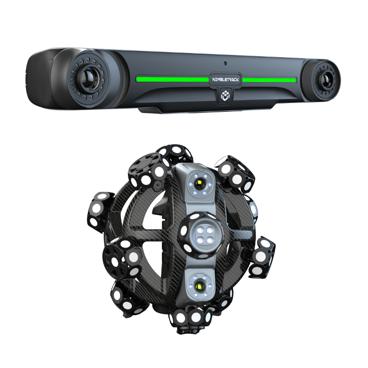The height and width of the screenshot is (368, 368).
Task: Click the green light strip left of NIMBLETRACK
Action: click(x=172, y=80)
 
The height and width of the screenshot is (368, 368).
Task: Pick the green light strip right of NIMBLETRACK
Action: click(x=269, y=80)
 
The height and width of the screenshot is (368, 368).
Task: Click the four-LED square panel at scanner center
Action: click(x=203, y=234)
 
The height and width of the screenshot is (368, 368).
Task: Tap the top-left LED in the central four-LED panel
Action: click(x=199, y=230)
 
